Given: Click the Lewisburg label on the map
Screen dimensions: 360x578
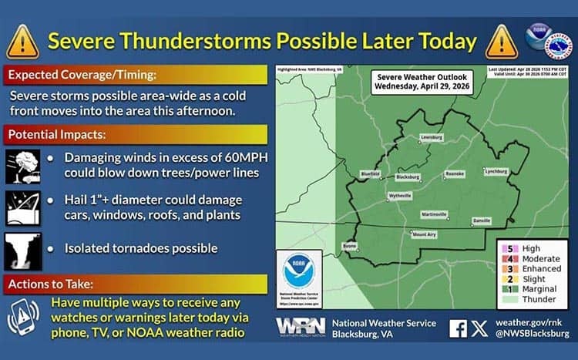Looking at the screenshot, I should (x=431, y=137).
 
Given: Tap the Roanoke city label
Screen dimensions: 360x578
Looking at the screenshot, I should (x=454, y=174).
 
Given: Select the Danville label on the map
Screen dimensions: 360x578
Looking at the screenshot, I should (x=482, y=220).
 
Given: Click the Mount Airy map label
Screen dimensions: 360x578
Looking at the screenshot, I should (x=423, y=234).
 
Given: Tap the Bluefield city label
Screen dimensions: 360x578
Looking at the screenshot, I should (x=371, y=173).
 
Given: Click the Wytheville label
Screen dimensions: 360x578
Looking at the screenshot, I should (x=400, y=197).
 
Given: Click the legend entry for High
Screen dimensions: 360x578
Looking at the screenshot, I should (x=531, y=249).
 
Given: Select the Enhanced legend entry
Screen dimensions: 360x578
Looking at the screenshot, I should (x=541, y=269).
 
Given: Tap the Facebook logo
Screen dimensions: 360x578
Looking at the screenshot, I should (x=458, y=328).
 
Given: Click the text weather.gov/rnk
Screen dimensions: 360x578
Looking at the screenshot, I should (x=533, y=321).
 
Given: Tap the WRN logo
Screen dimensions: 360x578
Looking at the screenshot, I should (x=300, y=327).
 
